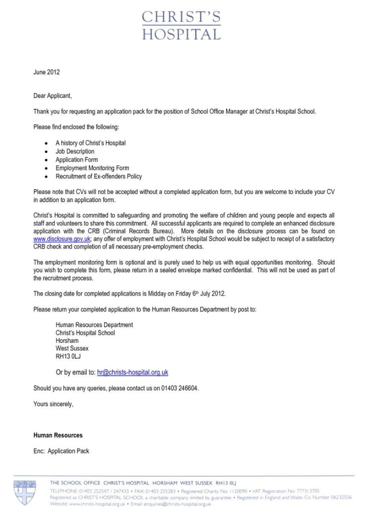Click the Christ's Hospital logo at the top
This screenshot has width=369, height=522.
[x=181, y=26]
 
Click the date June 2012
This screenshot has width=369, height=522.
[x=47, y=72]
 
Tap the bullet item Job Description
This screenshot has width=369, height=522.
[x=75, y=151]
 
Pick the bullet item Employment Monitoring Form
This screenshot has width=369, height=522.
[x=92, y=168]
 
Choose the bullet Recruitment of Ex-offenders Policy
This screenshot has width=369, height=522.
[x=99, y=177]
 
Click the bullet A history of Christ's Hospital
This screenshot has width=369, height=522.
[x=90, y=143]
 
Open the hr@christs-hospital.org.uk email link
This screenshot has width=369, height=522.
[x=132, y=372]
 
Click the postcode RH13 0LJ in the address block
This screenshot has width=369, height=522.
[x=68, y=356]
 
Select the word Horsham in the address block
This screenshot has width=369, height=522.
[x=67, y=341]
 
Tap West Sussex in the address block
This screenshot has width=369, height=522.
[x=72, y=348]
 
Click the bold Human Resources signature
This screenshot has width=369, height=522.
[x=58, y=435]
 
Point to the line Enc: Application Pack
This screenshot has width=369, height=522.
[x=61, y=451]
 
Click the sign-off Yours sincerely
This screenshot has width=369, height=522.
[x=54, y=404]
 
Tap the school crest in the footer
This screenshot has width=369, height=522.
[x=25, y=492]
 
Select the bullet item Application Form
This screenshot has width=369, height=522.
[x=77, y=160]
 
